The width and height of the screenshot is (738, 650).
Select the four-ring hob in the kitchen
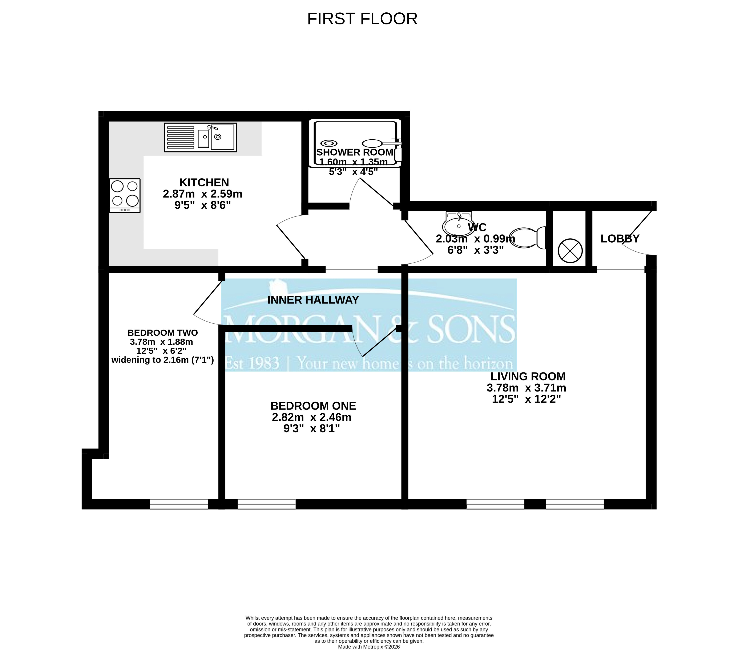[x=125, y=195]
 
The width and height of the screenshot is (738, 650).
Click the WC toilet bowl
[x=528, y=238]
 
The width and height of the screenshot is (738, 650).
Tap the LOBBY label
[x=620, y=239]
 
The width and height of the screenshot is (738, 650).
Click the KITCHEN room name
[x=204, y=183]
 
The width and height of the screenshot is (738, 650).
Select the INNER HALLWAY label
[x=313, y=300]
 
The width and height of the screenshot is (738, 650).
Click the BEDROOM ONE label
[x=313, y=406]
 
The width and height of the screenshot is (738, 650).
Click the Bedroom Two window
[x=179, y=504]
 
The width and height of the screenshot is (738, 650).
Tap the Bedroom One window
[x=266, y=504]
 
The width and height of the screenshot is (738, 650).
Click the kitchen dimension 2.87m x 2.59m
[x=203, y=194]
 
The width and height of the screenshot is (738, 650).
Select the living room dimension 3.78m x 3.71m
[x=527, y=388]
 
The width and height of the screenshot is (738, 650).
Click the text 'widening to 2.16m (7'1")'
[x=162, y=360]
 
